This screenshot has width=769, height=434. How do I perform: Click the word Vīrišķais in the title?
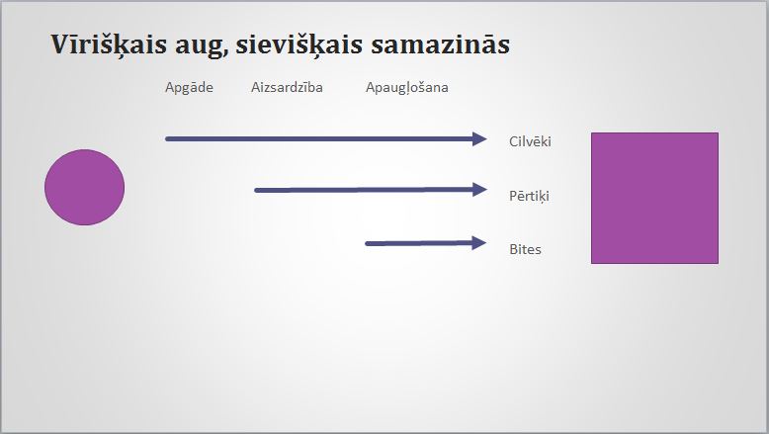(x=109, y=45)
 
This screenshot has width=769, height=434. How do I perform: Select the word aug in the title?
(x=201, y=46)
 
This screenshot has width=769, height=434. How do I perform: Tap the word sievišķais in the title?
(x=299, y=45)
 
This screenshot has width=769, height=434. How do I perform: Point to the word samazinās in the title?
(x=441, y=44)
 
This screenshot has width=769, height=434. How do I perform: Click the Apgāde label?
(x=190, y=88)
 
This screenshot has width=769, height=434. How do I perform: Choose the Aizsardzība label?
(x=287, y=87)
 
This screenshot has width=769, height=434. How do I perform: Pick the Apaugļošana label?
(x=407, y=88)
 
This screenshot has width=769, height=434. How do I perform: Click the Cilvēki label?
(x=530, y=141)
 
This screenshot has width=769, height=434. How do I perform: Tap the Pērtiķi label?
(x=529, y=196)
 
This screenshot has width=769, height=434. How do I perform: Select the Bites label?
(x=525, y=249)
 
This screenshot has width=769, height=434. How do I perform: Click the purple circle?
(x=84, y=187)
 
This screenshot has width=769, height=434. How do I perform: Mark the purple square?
(x=654, y=198)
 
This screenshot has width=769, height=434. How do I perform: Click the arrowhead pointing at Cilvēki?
(x=479, y=138)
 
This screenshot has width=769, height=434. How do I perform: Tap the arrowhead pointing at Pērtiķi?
(x=479, y=189)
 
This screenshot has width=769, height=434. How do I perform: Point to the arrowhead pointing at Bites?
(x=478, y=243)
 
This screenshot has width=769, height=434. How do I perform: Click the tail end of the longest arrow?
(x=167, y=138)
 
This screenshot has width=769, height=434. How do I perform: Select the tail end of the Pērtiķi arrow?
(x=256, y=190)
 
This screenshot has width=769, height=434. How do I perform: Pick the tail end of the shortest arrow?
(x=368, y=244)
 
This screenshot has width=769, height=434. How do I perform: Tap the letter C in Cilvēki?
(x=513, y=141)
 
